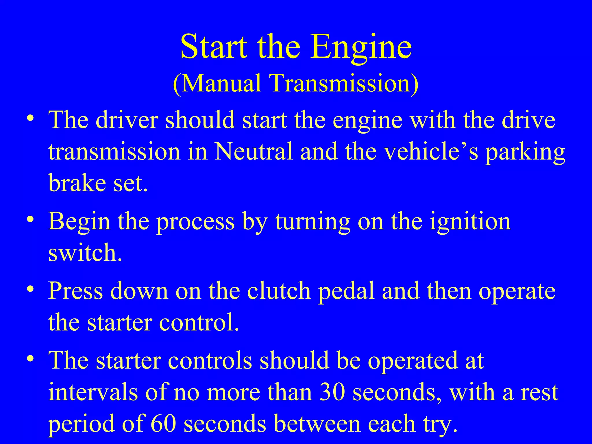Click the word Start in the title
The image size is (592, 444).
point(214,46)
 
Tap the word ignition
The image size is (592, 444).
point(470,221)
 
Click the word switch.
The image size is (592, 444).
point(85,253)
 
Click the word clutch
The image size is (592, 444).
point(279,291)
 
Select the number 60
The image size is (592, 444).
point(163,424)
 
